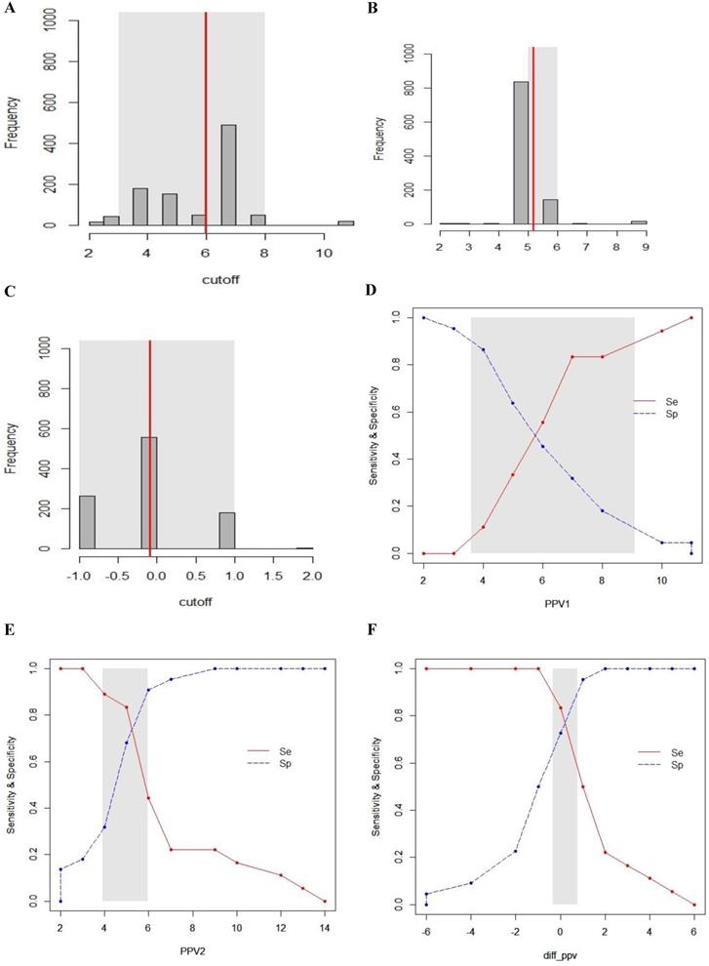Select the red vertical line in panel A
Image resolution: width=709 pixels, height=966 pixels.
click(x=206, y=117)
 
